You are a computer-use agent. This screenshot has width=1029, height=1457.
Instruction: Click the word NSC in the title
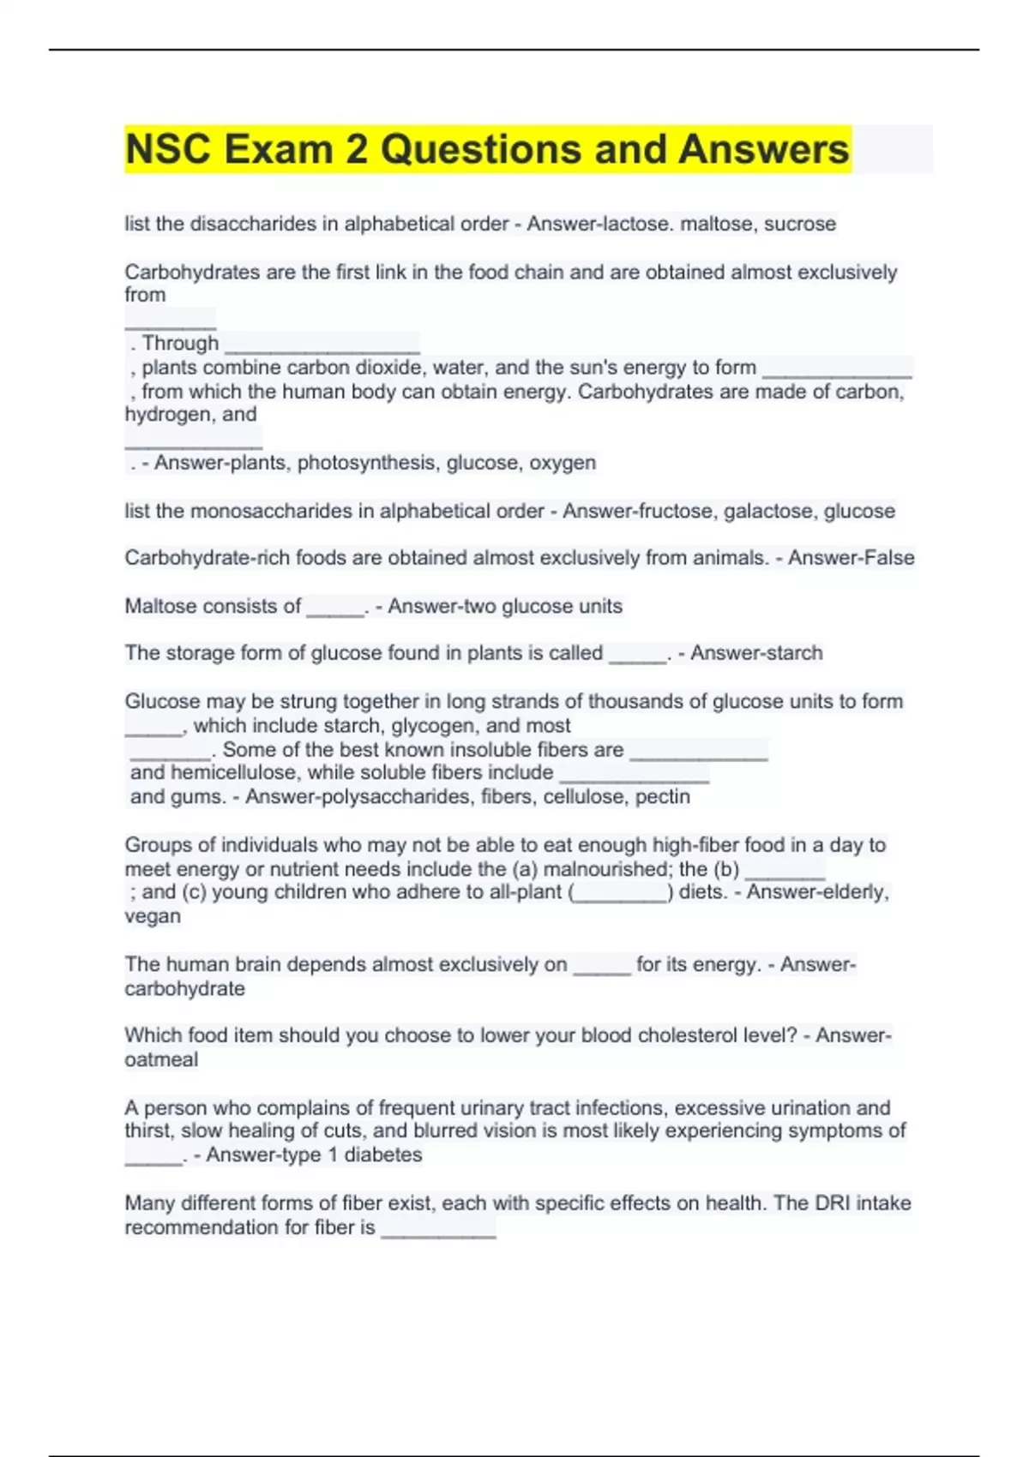168,149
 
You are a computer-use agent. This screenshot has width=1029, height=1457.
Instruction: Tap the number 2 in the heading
357,149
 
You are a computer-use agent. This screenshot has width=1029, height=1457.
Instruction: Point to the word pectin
662,797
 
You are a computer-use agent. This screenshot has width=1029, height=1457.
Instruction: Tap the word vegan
153,916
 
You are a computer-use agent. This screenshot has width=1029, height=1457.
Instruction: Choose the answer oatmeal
161,1059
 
